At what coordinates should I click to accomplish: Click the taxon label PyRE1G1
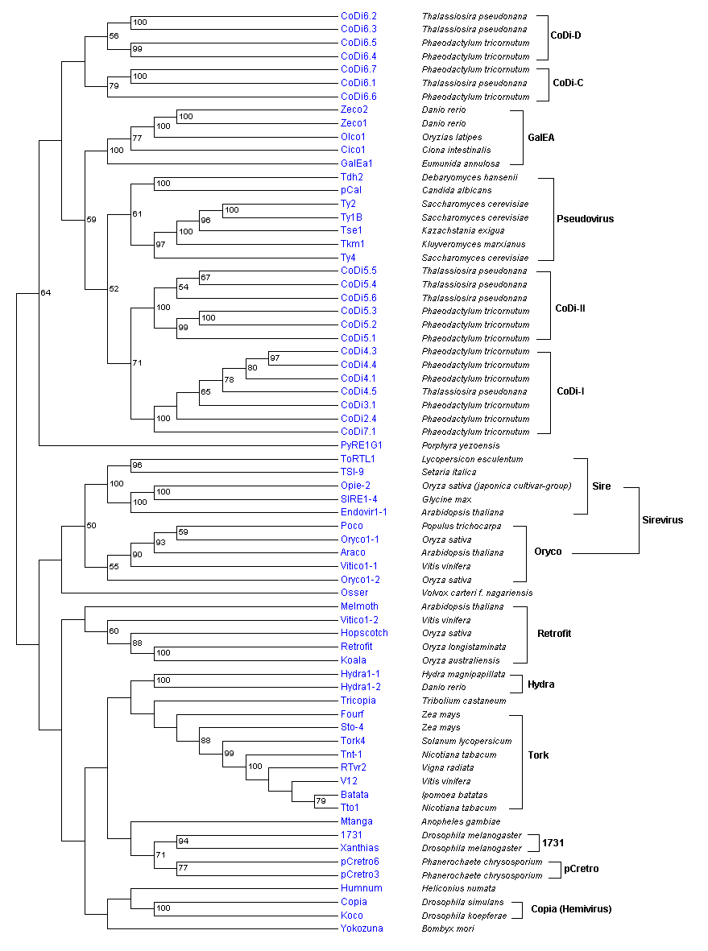coord(361,445)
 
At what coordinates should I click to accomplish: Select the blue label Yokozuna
coord(362,928)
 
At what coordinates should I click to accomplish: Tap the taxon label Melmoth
coord(359,606)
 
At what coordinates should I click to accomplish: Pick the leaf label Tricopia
coord(358,701)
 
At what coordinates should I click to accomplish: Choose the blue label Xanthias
coord(359,848)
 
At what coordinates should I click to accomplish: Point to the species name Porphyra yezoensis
coord(461,445)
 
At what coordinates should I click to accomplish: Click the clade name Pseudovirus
coord(586,218)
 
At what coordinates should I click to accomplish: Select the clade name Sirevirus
coord(661,520)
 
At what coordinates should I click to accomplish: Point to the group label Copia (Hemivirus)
coord(571,909)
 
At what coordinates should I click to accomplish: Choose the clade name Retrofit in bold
coord(554,634)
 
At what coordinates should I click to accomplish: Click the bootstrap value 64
coord(46,292)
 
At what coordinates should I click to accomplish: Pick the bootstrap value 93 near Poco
coord(160,542)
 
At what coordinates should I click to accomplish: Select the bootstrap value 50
coord(91,526)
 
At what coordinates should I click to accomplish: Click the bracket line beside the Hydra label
coord(513,684)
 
